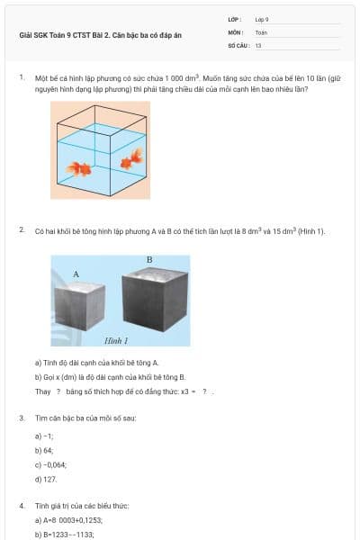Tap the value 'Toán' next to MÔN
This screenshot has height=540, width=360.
(x=261, y=31)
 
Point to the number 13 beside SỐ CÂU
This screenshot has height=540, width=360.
(x=258, y=44)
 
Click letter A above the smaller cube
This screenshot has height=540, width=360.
(x=76, y=274)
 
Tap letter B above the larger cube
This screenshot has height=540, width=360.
(x=148, y=260)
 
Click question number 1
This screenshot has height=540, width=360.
(x=22, y=77)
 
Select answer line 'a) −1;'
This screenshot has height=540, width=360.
(x=42, y=435)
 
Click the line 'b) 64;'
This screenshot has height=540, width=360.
(x=44, y=448)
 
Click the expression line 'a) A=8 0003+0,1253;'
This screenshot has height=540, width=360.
(x=68, y=520)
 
